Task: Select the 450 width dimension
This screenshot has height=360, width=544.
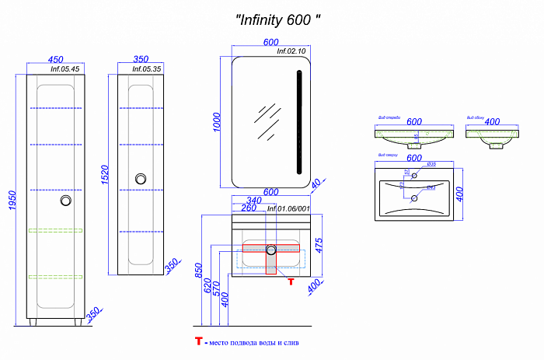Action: point(55,58)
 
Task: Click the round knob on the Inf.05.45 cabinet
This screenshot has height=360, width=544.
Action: point(67,201)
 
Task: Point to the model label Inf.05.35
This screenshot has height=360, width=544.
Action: point(147,68)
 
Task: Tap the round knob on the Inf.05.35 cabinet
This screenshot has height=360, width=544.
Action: point(141,178)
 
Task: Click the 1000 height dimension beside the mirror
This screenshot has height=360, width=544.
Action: point(218,121)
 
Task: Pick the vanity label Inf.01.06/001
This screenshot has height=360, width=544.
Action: point(288,209)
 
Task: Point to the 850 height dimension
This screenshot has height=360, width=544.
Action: point(199,271)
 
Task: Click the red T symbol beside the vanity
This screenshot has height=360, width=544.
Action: point(290,281)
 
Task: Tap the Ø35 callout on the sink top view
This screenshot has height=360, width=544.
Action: point(431,164)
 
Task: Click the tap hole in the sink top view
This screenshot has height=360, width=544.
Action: point(415,177)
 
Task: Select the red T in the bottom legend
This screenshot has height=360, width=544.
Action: point(199,341)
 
